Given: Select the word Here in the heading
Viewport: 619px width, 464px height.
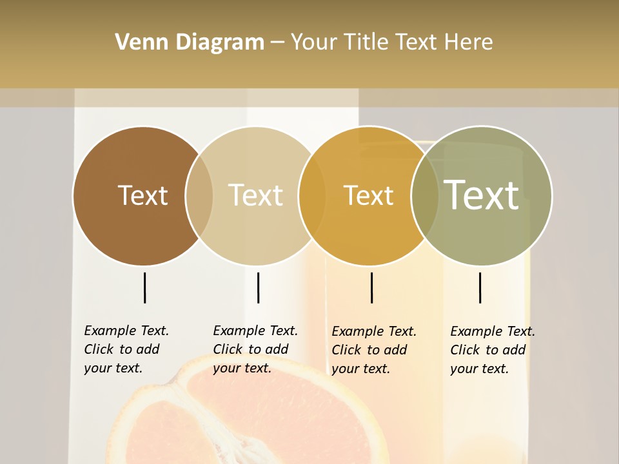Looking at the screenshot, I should [x=469, y=43].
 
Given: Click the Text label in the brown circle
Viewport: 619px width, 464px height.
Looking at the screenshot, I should [x=142, y=195].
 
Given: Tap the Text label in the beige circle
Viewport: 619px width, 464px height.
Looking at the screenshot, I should [x=255, y=195].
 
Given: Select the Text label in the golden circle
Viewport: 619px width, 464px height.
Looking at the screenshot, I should [x=368, y=195].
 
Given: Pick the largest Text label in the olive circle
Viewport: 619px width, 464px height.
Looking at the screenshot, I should [x=481, y=195].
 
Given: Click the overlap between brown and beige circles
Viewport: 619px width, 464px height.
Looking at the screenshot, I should [x=199, y=195].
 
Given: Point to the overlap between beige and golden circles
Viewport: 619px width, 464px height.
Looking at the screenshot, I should [x=311, y=195].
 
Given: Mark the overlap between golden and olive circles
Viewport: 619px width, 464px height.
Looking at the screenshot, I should [x=424, y=195].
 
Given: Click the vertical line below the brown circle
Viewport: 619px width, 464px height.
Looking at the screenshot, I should [x=144, y=287].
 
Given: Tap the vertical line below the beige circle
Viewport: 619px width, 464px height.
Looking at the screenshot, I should [x=258, y=287].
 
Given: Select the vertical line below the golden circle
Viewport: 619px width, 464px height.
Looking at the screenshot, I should [x=371, y=287].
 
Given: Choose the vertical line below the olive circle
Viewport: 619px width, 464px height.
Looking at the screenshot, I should [x=480, y=287].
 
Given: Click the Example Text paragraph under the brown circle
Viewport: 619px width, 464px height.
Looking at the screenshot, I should [x=126, y=349].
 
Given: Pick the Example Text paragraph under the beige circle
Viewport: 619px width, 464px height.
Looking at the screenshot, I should [x=255, y=349].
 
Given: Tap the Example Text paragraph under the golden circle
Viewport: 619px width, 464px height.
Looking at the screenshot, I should [x=374, y=350].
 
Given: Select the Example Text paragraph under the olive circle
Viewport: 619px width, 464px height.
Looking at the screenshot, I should [x=493, y=350].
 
